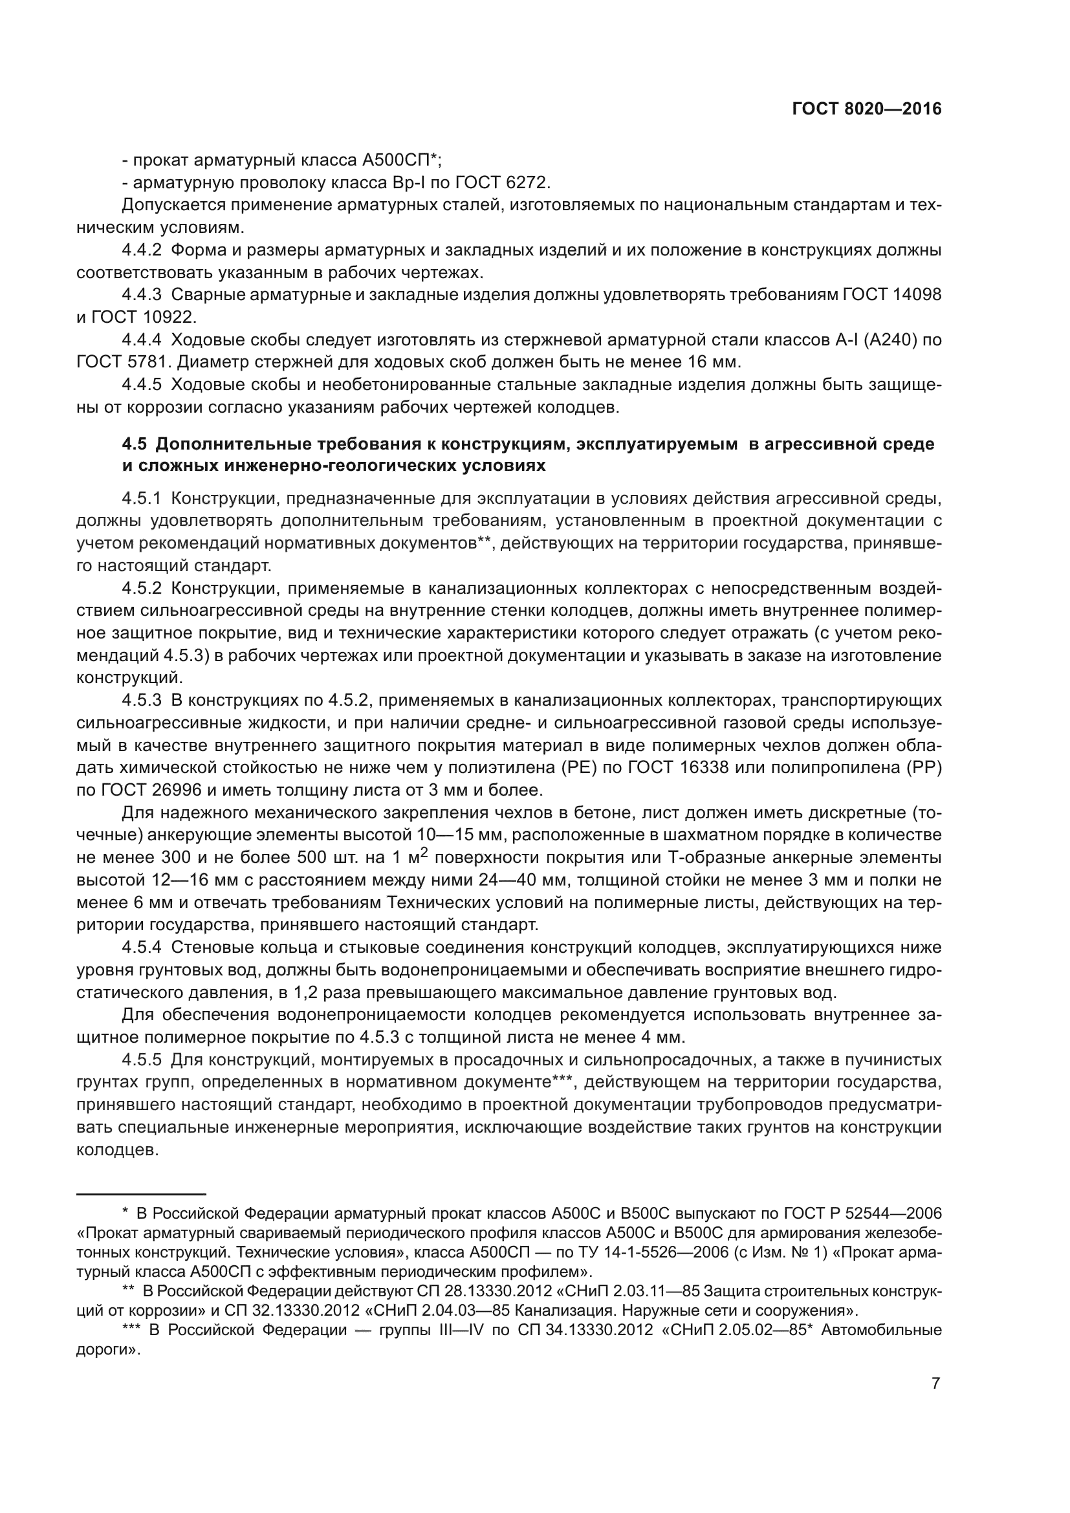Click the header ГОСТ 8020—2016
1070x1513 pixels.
pyautogui.click(x=866, y=109)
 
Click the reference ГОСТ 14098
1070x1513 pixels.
pyautogui.click(x=891, y=295)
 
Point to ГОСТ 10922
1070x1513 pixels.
pyautogui.click(x=145, y=318)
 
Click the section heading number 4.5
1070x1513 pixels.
pyautogui.click(x=136, y=444)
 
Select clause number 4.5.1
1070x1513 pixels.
pyautogui.click(x=142, y=499)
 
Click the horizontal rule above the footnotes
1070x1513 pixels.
pyautogui.click(x=141, y=1194)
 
